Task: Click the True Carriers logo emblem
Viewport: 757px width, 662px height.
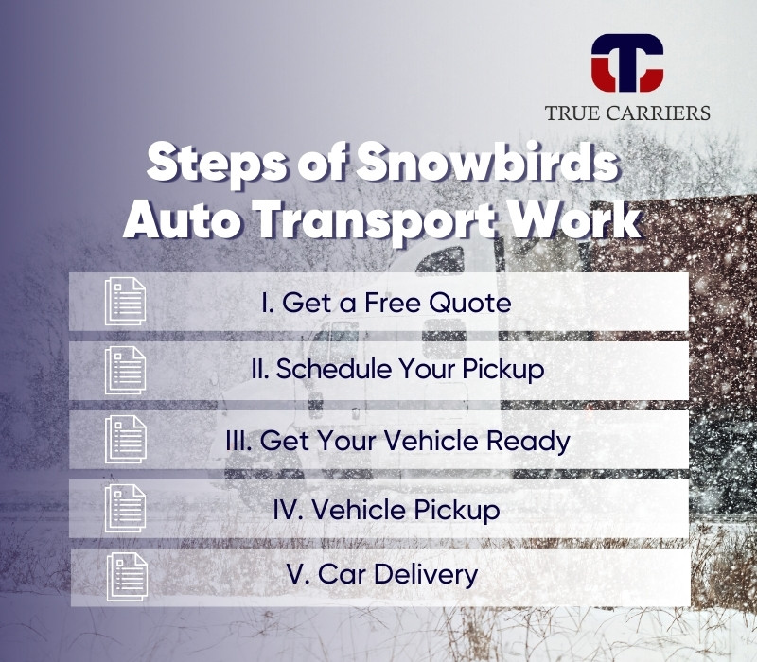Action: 627,62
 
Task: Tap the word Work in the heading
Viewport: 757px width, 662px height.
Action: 572,219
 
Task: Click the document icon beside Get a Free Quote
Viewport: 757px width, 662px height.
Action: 125,301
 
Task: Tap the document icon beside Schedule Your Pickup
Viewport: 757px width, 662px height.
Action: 125,370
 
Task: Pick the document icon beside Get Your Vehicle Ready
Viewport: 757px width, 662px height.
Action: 126,439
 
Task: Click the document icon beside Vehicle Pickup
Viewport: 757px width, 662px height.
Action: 125,508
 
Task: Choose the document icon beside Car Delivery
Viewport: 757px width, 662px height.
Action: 127,577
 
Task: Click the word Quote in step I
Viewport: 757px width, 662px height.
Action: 470,303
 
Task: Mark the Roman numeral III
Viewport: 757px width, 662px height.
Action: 238,441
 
